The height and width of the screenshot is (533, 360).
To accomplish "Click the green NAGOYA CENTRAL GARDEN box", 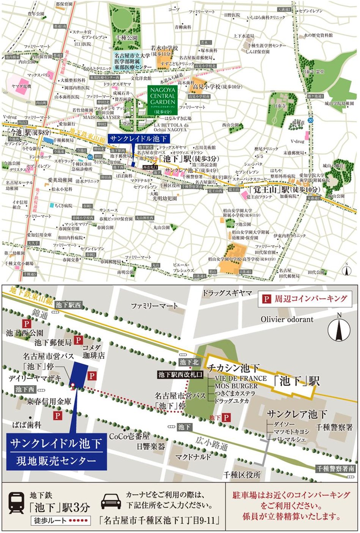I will point(163,99).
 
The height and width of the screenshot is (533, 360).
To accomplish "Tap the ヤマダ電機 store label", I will point(21,87).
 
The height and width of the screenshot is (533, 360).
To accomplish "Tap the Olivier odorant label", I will point(287,319).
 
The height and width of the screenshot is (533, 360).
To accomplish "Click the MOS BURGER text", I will point(236,386).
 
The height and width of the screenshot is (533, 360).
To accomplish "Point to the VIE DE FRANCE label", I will point(240,378).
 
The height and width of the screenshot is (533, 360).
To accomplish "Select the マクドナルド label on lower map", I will point(193,456).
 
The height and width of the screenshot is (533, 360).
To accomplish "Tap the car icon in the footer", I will point(111,502).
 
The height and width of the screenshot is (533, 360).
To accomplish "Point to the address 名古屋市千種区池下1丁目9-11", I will point(159,520).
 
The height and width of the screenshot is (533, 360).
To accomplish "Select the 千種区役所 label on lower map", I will point(242,475).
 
